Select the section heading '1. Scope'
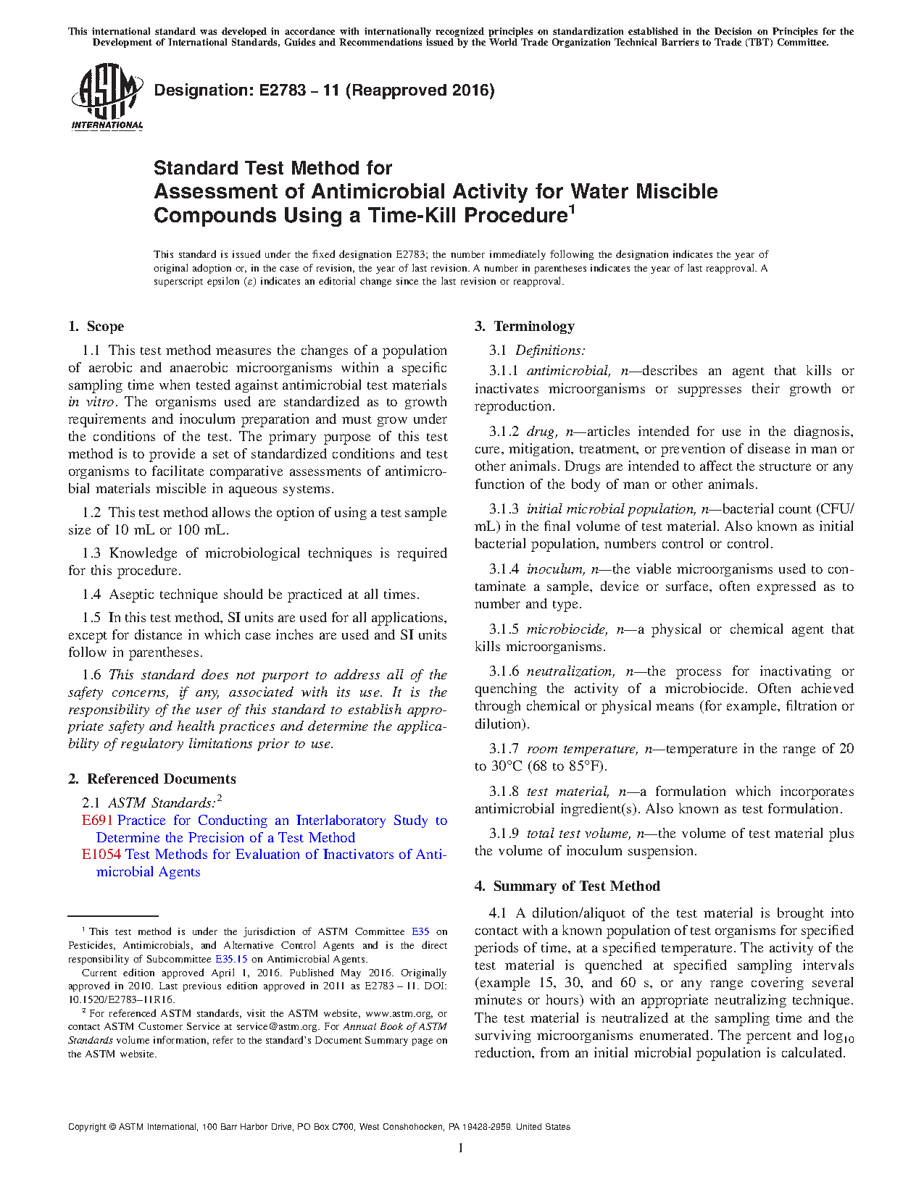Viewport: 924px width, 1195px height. click(x=96, y=327)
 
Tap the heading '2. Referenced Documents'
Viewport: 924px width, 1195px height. click(x=152, y=779)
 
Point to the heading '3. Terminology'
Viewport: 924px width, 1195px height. click(x=525, y=327)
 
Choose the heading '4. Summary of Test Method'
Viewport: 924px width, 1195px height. click(x=567, y=886)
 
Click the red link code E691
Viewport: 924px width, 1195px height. click(x=97, y=821)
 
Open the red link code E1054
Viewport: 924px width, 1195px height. click(x=101, y=855)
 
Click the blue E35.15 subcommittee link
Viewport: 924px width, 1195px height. click(x=231, y=960)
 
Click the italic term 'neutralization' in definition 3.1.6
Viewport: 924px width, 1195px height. click(x=570, y=672)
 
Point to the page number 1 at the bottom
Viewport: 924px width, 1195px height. click(x=461, y=1148)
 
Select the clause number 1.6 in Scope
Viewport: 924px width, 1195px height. click(x=91, y=676)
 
